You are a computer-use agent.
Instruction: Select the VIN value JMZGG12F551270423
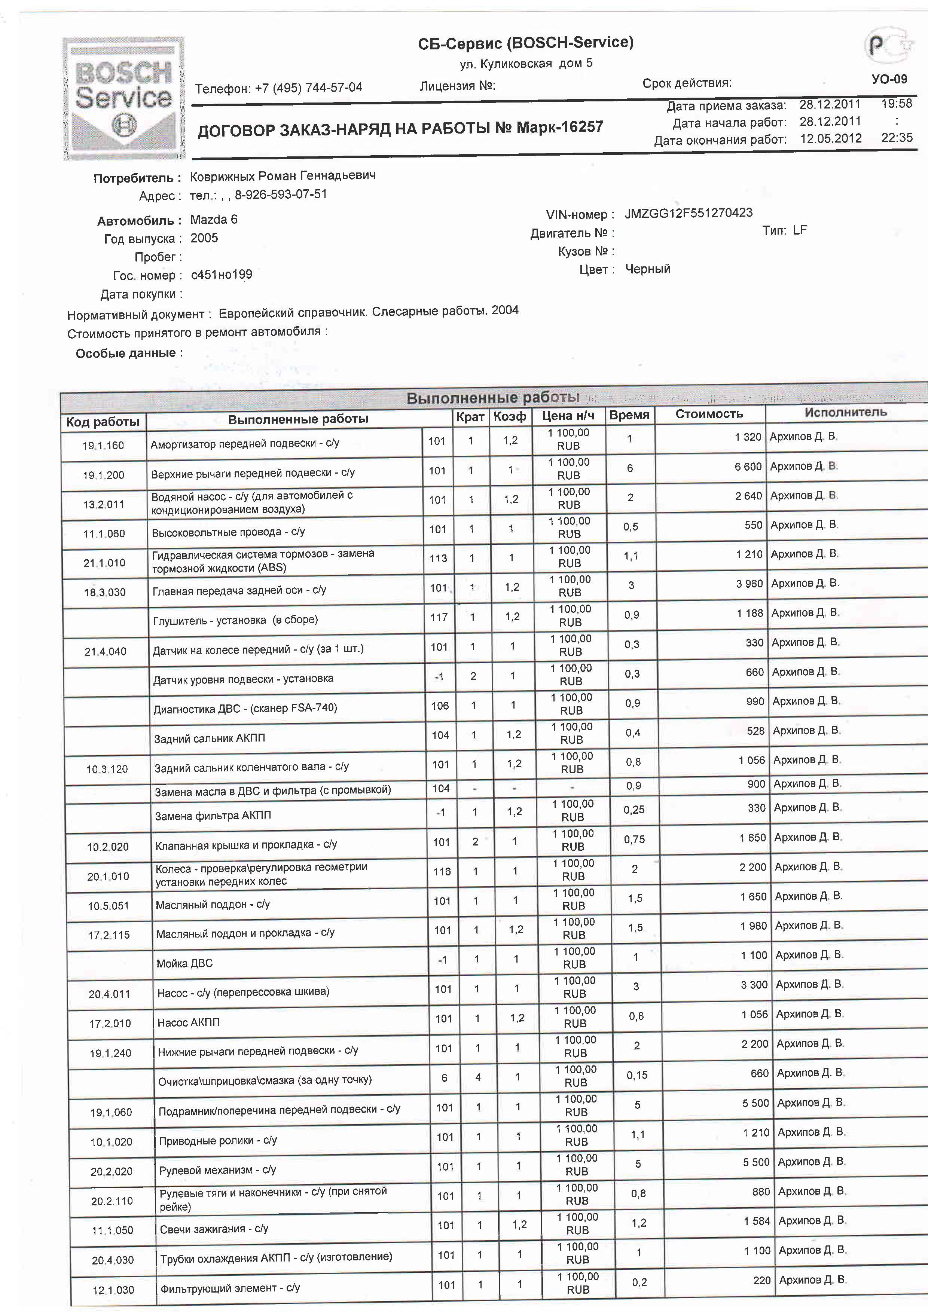(x=688, y=214)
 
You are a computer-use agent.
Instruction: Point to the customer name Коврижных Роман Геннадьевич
(x=283, y=176)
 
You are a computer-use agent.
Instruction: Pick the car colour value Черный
(x=647, y=269)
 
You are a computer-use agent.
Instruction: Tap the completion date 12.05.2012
(x=830, y=139)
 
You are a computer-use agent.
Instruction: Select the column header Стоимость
(x=709, y=414)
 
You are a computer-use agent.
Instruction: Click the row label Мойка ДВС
(x=184, y=963)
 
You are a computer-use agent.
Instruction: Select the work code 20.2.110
(x=112, y=1201)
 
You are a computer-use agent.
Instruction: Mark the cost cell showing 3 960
(x=750, y=584)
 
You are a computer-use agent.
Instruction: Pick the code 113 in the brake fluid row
(x=438, y=558)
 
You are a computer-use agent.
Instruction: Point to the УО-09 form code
(x=889, y=79)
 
